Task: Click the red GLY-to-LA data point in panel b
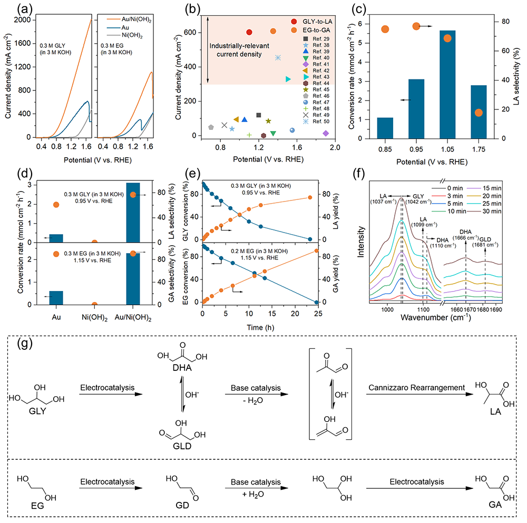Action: pos(249,33)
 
